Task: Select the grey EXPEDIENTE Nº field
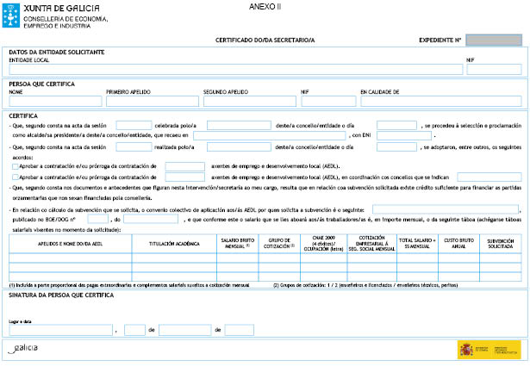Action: click(x=493, y=40)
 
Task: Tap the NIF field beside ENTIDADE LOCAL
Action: click(x=493, y=70)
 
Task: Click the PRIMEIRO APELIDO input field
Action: click(x=153, y=101)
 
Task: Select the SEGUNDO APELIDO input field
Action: click(x=250, y=101)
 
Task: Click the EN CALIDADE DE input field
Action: click(x=440, y=101)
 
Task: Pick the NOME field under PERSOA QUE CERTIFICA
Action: click(x=54, y=101)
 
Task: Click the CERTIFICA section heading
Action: click(x=23, y=115)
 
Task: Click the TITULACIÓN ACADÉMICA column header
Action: click(x=173, y=244)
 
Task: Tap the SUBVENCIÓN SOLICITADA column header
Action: click(x=501, y=243)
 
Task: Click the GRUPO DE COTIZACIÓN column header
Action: click(x=281, y=243)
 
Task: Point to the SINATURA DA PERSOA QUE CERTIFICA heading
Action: click(x=59, y=295)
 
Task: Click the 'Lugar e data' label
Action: click(x=20, y=320)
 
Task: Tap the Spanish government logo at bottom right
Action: click(x=489, y=349)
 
